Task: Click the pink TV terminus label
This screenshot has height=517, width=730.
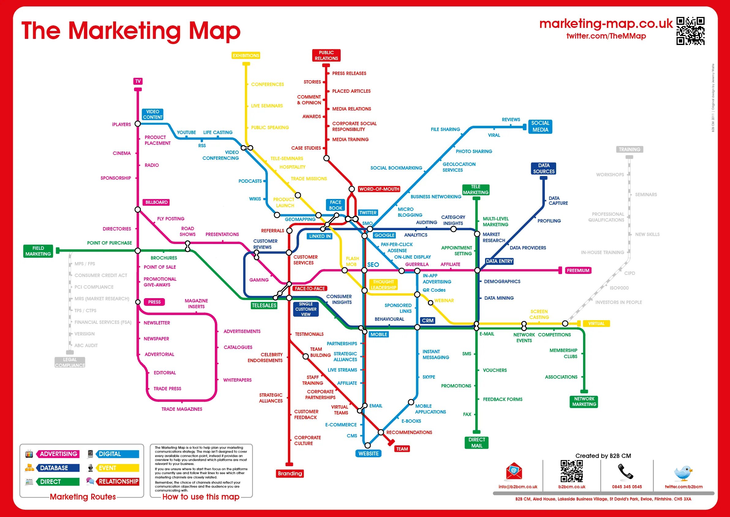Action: click(x=138, y=81)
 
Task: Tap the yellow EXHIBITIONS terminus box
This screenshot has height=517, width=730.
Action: click(x=246, y=55)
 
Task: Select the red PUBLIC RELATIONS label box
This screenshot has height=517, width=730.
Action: click(x=326, y=55)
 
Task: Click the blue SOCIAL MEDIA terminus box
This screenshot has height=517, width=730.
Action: click(x=540, y=126)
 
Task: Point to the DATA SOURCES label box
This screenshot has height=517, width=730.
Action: click(x=544, y=168)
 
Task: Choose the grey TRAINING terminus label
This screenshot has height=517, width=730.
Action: click(x=629, y=149)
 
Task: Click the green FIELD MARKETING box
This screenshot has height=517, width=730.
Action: click(x=38, y=251)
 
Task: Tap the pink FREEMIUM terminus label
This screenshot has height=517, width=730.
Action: click(x=578, y=270)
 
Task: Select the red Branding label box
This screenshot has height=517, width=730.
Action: click(x=290, y=474)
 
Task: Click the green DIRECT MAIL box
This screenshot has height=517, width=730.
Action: click(x=477, y=443)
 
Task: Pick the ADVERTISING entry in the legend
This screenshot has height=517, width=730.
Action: click(x=58, y=454)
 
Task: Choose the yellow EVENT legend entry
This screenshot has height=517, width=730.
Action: click(x=107, y=468)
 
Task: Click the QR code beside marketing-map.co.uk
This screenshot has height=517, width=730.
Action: click(x=690, y=31)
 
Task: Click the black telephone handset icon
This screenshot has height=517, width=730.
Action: click(x=626, y=471)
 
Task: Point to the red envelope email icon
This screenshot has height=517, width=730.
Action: click(x=514, y=471)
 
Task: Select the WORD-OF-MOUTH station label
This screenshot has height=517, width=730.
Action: click(x=379, y=189)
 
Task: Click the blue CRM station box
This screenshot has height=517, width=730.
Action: click(x=428, y=320)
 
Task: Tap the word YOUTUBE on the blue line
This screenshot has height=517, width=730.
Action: click(x=186, y=133)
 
